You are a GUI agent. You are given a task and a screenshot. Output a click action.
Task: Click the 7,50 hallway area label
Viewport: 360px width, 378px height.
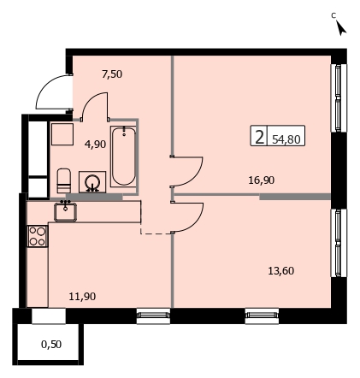(x=112, y=74)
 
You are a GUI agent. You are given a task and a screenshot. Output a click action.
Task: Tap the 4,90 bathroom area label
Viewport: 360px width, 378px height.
(x=95, y=144)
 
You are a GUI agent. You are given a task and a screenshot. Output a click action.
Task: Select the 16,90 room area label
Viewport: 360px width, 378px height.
(x=262, y=180)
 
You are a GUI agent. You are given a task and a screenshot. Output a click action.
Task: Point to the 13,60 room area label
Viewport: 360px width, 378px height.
(x=280, y=270)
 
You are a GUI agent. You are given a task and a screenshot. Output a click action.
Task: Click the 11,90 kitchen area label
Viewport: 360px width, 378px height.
(x=82, y=297)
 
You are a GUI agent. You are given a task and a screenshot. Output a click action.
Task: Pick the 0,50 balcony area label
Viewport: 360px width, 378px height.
(x=51, y=345)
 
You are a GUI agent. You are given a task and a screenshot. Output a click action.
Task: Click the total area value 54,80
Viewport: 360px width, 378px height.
(x=286, y=139)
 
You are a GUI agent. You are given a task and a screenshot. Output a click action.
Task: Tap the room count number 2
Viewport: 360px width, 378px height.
(x=259, y=137)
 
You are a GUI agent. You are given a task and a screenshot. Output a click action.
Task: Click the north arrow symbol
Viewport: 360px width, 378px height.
(x=341, y=28)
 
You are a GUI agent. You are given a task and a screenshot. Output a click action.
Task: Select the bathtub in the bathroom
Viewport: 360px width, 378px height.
(x=123, y=157)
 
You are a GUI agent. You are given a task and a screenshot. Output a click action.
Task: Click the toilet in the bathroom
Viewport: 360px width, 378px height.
(x=64, y=180)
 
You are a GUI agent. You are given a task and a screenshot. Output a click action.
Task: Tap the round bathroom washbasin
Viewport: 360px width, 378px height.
(x=92, y=182)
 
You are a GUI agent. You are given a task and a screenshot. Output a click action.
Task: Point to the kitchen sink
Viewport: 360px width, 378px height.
(x=65, y=211)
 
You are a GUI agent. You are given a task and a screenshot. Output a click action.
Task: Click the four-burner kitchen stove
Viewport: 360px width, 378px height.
(x=38, y=236)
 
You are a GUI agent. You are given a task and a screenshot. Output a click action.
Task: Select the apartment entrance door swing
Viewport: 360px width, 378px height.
(x=54, y=92)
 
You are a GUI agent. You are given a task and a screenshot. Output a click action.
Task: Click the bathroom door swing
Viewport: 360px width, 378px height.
(x=95, y=106)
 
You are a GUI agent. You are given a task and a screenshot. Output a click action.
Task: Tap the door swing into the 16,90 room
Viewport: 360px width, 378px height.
(x=186, y=171)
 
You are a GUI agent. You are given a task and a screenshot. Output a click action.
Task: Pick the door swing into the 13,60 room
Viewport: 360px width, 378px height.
(x=187, y=217)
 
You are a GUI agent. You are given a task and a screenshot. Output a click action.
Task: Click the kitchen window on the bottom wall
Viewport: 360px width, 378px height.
(x=153, y=316)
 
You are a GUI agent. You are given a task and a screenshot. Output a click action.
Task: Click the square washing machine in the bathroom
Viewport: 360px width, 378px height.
(x=62, y=134)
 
